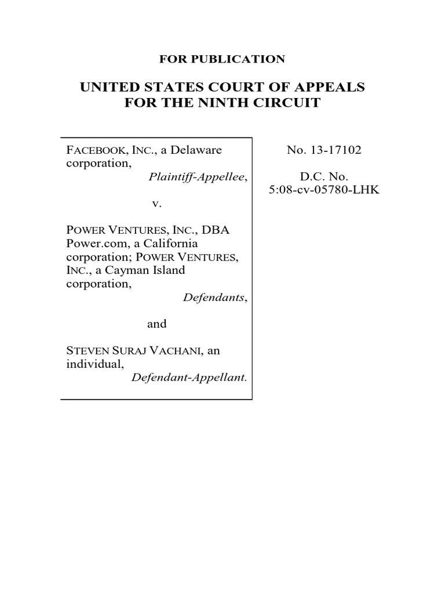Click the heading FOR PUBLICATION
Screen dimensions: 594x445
point(222,59)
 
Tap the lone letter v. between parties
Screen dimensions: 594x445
point(156,204)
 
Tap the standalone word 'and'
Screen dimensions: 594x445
point(156,324)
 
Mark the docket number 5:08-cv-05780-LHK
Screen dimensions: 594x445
point(324,190)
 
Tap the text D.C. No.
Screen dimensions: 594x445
point(324,177)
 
